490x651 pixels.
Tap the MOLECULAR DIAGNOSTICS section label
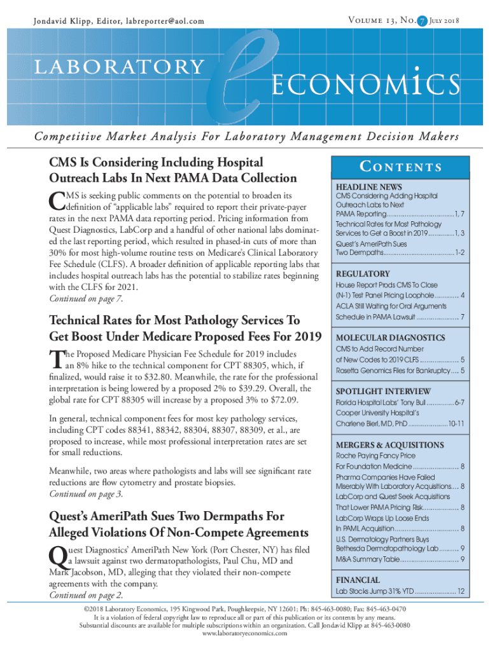pyautogui.click(x=390, y=338)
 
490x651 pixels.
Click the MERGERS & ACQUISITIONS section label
pyautogui.click(x=389, y=444)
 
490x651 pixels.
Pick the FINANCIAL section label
pyautogui.click(x=358, y=580)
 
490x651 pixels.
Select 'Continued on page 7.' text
pyautogui.click(x=86, y=299)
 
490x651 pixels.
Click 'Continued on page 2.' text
pyautogui.click(x=86, y=595)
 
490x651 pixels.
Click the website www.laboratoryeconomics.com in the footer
pyautogui.click(x=244, y=633)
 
